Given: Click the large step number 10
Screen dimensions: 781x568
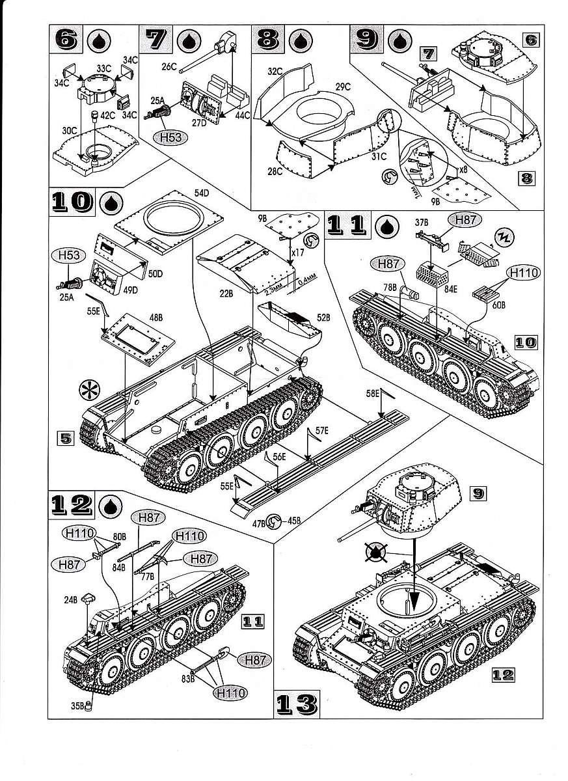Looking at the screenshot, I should coord(72,203).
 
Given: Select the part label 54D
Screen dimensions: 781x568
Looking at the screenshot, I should coord(201,193).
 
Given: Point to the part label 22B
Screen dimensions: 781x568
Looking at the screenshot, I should coord(226,293).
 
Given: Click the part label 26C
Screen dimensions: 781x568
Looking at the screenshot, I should coord(169,66).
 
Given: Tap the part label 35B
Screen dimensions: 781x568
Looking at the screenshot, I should coord(77,704).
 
